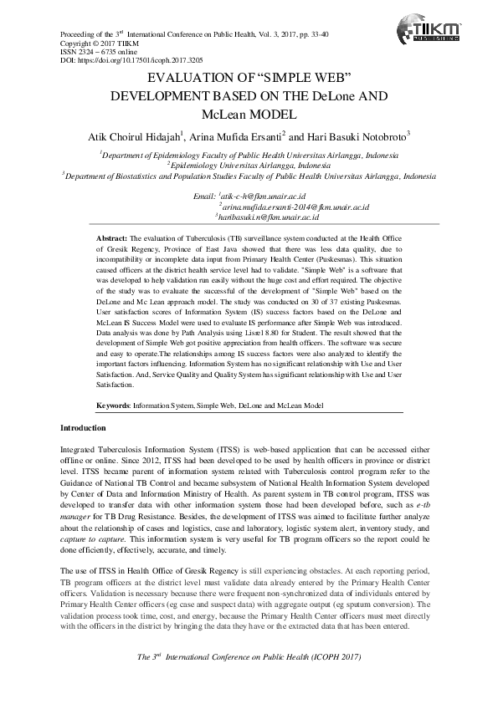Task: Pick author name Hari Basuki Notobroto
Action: [363, 136]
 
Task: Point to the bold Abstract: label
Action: [112, 239]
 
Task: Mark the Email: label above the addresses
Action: [204, 196]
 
